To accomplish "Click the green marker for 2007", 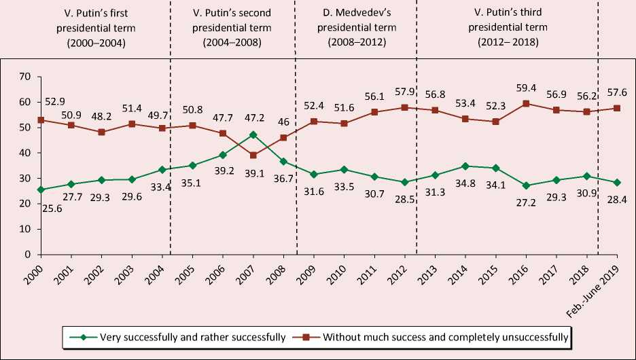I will pyautogui.click(x=253, y=134).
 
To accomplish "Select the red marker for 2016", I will pyautogui.click(x=526, y=104).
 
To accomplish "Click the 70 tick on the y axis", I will pyautogui.click(x=24, y=77).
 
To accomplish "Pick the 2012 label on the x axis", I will pyautogui.click(x=402, y=270).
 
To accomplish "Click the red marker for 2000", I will pyautogui.click(x=41, y=120).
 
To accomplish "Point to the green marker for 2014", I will pyautogui.click(x=465, y=166).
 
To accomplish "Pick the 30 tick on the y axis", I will pyautogui.click(x=24, y=178).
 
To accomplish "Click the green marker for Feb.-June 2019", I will pyautogui.click(x=617, y=182).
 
